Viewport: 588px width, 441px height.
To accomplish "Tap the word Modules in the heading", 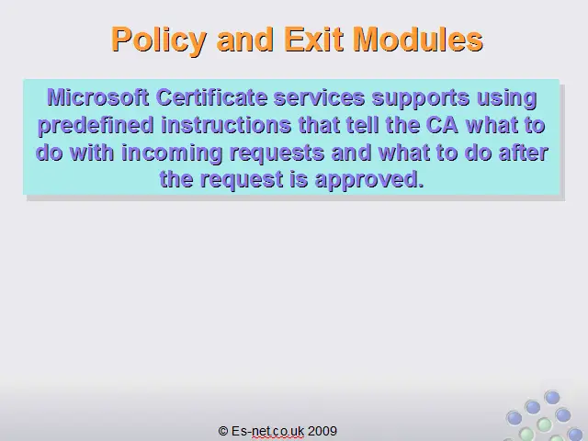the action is point(419,39).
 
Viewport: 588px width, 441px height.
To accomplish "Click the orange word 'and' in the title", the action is point(245,39).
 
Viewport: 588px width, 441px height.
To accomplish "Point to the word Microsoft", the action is point(98,97).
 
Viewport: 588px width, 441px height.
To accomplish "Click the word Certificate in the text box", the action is point(211,97).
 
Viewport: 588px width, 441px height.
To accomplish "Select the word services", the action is point(320,98).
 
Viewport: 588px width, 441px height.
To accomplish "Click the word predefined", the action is point(96,126).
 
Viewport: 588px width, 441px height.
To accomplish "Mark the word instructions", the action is point(226,125).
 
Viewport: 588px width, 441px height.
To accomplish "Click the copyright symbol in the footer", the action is point(223,431).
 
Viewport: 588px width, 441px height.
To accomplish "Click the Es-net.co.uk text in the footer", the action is point(267,431).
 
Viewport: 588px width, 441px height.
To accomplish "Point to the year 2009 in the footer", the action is point(322,431).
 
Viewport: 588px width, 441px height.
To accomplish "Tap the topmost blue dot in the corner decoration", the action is point(552,397).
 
